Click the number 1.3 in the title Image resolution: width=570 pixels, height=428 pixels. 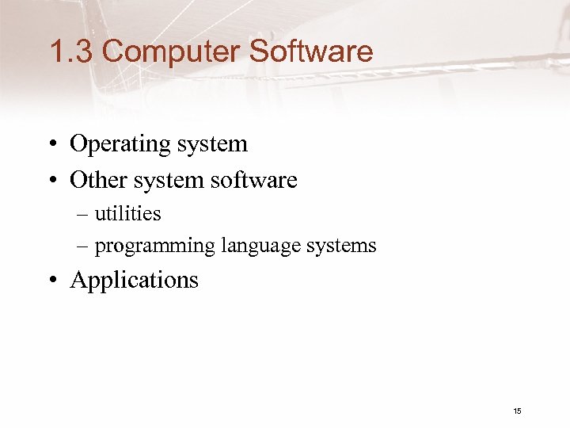click(x=71, y=52)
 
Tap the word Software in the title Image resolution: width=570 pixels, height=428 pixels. click(x=310, y=52)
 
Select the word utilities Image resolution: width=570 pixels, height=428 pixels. click(x=128, y=213)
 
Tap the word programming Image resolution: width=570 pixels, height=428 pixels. click(x=155, y=246)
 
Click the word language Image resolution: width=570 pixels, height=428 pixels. click(x=257, y=246)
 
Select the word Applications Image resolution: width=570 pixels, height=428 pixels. click(x=135, y=281)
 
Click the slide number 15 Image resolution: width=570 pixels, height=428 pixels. click(x=517, y=411)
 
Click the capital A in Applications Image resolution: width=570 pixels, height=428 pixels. click(x=78, y=279)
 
